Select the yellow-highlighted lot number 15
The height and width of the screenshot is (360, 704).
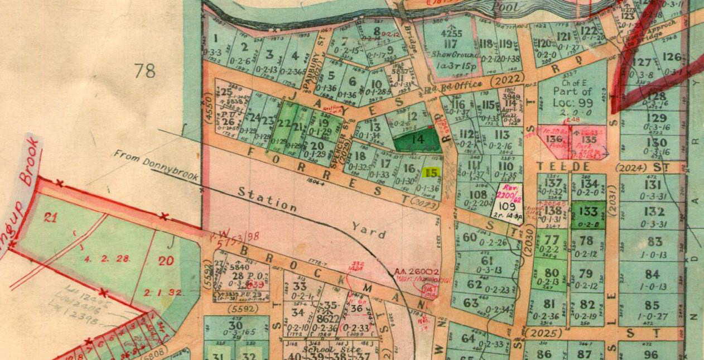click(431, 172)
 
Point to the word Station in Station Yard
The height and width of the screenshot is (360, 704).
click(267, 198)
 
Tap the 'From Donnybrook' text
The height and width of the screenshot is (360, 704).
click(156, 165)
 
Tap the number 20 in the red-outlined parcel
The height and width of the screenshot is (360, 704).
click(166, 260)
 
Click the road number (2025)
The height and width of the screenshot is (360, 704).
click(539, 334)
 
